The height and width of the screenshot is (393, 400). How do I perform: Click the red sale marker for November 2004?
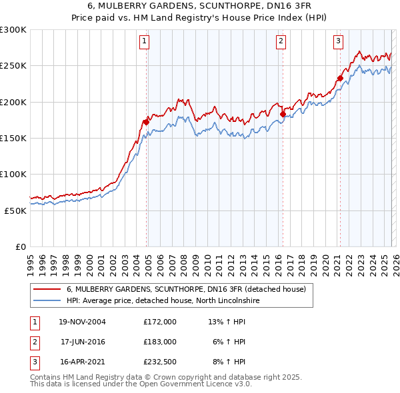coord(146,122)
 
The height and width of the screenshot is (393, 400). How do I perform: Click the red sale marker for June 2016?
coord(283,114)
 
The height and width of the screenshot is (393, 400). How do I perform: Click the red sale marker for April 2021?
coord(340,78)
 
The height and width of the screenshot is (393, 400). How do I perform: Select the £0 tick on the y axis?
coord(21,246)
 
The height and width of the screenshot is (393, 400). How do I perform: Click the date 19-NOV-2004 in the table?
coord(82,322)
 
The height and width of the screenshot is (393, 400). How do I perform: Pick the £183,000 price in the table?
coord(159,342)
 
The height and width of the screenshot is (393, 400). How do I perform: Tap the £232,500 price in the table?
coord(159,363)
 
